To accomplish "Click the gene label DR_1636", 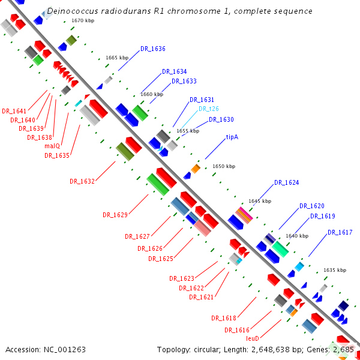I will pyautogui.click(x=152, y=49).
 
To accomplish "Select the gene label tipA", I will pyautogui.click(x=232, y=137).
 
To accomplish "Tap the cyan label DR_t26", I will pyautogui.click(x=208, y=109).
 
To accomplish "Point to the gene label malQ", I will pyautogui.click(x=52, y=146).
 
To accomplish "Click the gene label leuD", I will pyautogui.click(x=252, y=338).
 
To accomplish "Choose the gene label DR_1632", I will pyautogui.click(x=82, y=181).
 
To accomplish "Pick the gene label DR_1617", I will pyautogui.click(x=340, y=232).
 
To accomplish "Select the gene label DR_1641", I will pyautogui.click(x=14, y=111).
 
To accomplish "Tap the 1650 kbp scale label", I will pyautogui.click(x=224, y=166).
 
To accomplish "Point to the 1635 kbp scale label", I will pyautogui.click(x=335, y=270).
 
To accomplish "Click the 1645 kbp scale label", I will pyautogui.click(x=260, y=201).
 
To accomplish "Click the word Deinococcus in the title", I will pyautogui.click(x=71, y=11).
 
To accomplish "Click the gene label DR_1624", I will pyautogui.click(x=286, y=182).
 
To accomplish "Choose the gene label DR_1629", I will pyautogui.click(x=115, y=214).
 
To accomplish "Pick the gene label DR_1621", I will pyautogui.click(x=202, y=296).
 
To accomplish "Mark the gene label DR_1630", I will pyautogui.click(x=221, y=119).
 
